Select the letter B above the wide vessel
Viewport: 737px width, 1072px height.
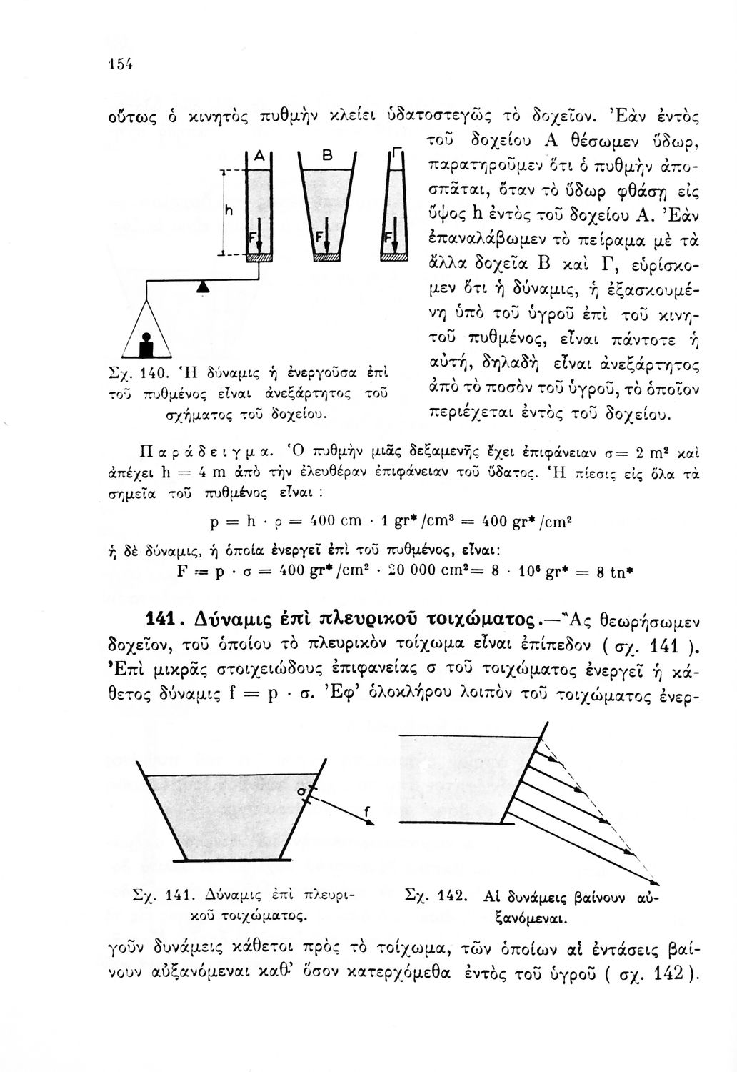(328, 154)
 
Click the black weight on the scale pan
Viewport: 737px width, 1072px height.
(148, 346)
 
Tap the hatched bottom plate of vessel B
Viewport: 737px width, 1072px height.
(329, 257)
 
